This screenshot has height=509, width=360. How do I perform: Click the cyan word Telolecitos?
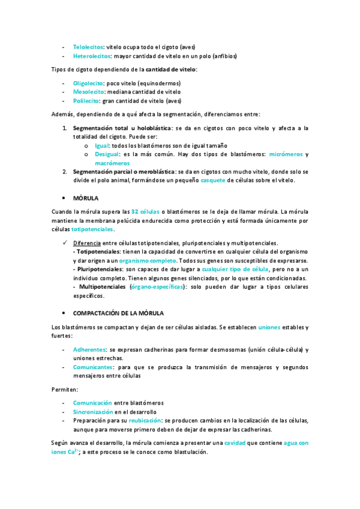[88, 46]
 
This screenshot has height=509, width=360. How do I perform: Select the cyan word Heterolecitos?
[92, 56]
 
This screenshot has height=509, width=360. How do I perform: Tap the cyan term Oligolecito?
[88, 83]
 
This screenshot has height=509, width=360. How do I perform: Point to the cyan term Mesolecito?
[88, 92]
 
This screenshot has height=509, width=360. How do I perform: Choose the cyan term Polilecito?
[86, 101]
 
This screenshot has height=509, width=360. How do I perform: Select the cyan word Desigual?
[107, 154]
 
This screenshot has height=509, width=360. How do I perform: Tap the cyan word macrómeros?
[112, 163]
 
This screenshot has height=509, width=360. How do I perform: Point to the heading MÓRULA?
[86, 197]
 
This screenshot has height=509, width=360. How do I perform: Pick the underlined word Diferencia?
[86, 242]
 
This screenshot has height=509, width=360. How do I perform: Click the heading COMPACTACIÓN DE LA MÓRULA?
[118, 313]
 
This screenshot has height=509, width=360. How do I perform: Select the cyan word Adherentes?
[89, 349]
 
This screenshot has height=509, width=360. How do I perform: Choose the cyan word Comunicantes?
[92, 367]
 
